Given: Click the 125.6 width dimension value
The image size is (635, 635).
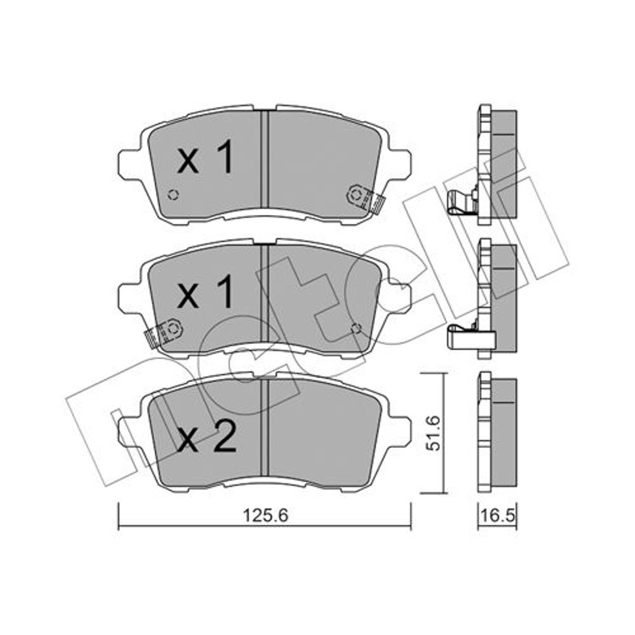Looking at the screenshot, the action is [x=265, y=516].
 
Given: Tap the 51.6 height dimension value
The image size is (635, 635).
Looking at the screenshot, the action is [x=433, y=433].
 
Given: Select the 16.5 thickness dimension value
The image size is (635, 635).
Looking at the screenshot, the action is [x=497, y=516].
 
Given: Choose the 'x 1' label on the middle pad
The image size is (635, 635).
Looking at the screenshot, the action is [x=205, y=292].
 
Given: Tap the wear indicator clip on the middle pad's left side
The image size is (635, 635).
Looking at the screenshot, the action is [x=163, y=334].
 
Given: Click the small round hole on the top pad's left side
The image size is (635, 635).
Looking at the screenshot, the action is [x=173, y=195].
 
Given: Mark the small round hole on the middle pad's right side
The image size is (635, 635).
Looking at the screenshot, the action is [x=356, y=329].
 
